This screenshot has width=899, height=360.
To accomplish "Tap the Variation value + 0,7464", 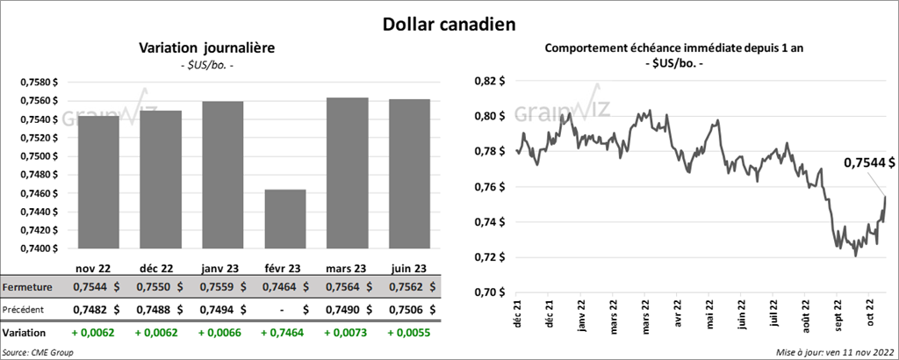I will point(284,334).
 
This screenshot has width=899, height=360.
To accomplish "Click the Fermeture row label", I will point(27,287).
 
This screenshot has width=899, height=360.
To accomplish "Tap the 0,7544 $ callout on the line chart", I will point(869,162).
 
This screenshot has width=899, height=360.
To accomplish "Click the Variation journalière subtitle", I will point(207,48).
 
